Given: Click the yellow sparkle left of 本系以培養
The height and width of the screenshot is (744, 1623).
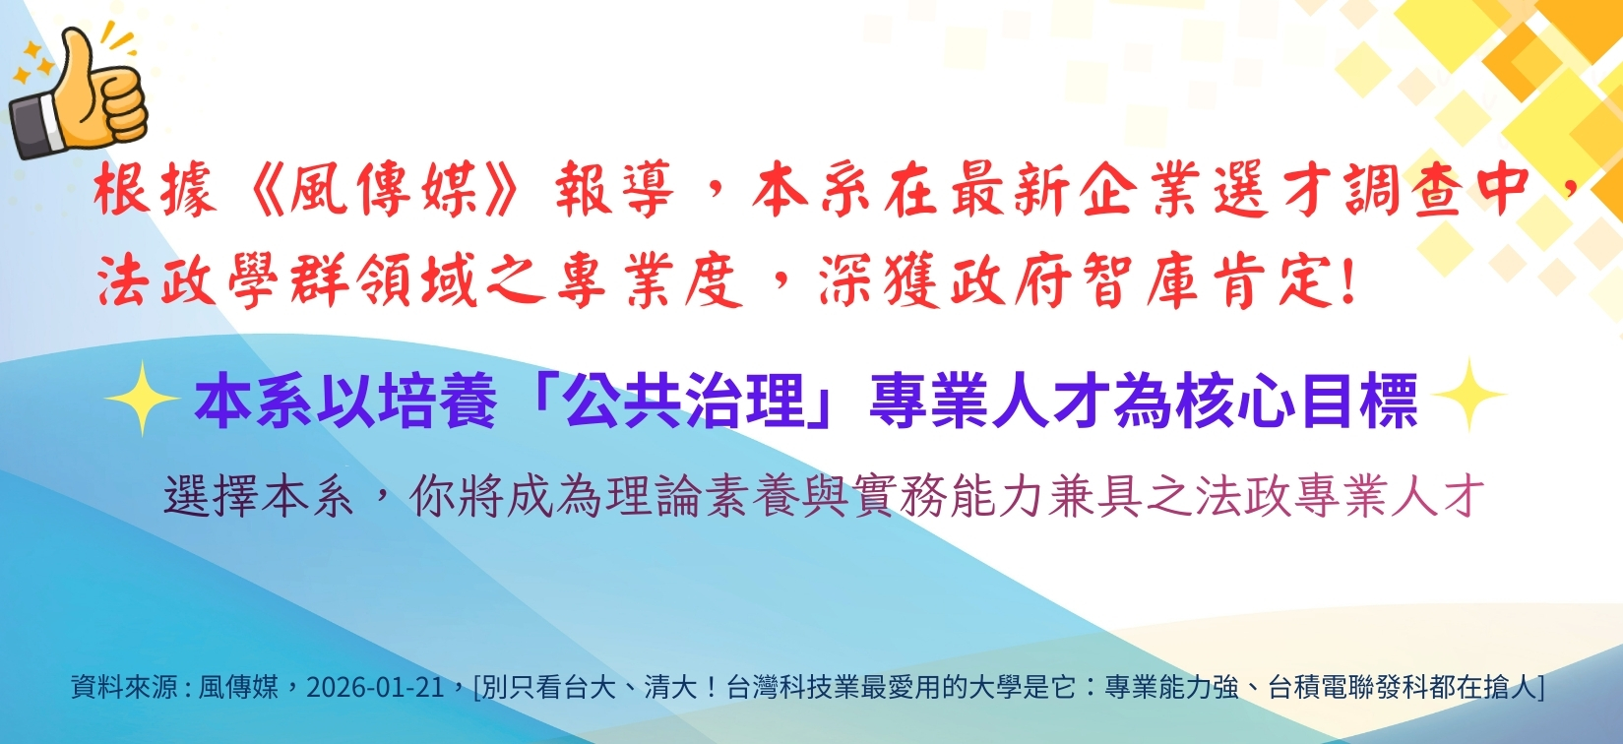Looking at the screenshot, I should pyautogui.click(x=141, y=397).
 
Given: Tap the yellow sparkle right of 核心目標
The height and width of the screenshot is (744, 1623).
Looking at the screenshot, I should pyautogui.click(x=1467, y=396).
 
